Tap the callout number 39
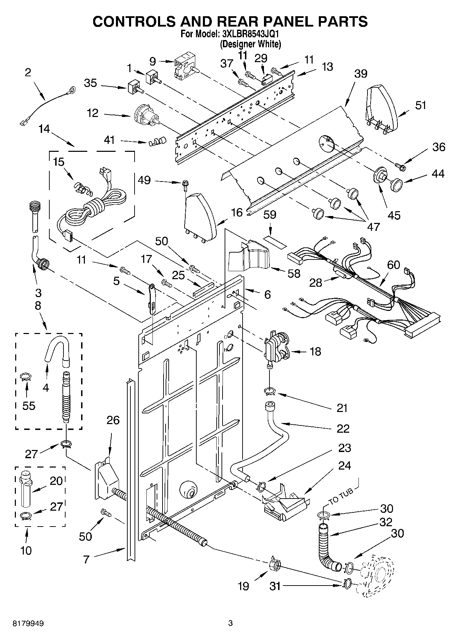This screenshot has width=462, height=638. click(361, 73)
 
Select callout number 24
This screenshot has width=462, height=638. click(344, 465)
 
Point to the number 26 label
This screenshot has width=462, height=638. click(113, 420)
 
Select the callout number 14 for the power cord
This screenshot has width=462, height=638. click(44, 129)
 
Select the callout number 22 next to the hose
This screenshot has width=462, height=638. click(342, 428)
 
